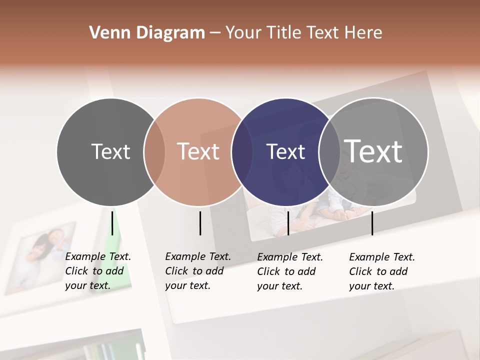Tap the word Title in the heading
284,33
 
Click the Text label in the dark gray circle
110,151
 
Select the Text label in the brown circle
198,151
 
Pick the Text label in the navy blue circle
285,151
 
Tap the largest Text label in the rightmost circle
373,151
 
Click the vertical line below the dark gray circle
112,223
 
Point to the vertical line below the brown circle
200,223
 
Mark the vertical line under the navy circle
288,223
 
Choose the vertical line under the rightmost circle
372,223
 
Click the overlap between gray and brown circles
154,152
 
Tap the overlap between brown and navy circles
242,152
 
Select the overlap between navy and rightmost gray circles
329,152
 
